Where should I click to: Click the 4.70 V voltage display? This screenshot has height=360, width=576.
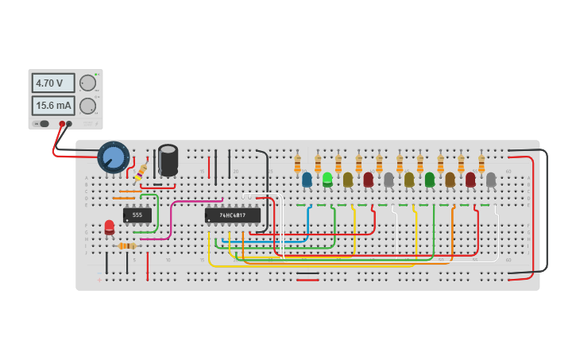(53, 83)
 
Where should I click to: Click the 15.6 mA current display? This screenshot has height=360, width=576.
(53, 106)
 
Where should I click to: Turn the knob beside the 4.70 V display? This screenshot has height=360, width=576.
(88, 83)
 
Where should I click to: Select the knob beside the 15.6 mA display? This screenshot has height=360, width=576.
(88, 106)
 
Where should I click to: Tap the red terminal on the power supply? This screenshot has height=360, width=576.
(62, 124)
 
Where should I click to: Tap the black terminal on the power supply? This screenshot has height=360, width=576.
(69, 124)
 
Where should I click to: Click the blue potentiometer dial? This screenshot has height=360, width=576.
(113, 157)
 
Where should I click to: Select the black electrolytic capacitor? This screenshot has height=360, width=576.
(168, 160)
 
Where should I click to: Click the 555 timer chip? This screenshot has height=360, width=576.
(137, 215)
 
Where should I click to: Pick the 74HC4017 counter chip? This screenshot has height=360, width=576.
(233, 215)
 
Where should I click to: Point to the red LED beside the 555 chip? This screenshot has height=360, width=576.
(110, 227)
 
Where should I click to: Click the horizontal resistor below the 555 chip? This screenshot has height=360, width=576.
(127, 246)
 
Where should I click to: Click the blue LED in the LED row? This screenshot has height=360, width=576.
(307, 180)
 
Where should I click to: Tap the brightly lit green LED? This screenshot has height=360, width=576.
(327, 180)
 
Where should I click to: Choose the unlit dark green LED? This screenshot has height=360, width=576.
(430, 180)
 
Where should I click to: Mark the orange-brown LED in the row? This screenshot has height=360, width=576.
(450, 180)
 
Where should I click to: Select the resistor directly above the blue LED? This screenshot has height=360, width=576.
(297, 164)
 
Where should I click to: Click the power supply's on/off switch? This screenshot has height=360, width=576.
(43, 124)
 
